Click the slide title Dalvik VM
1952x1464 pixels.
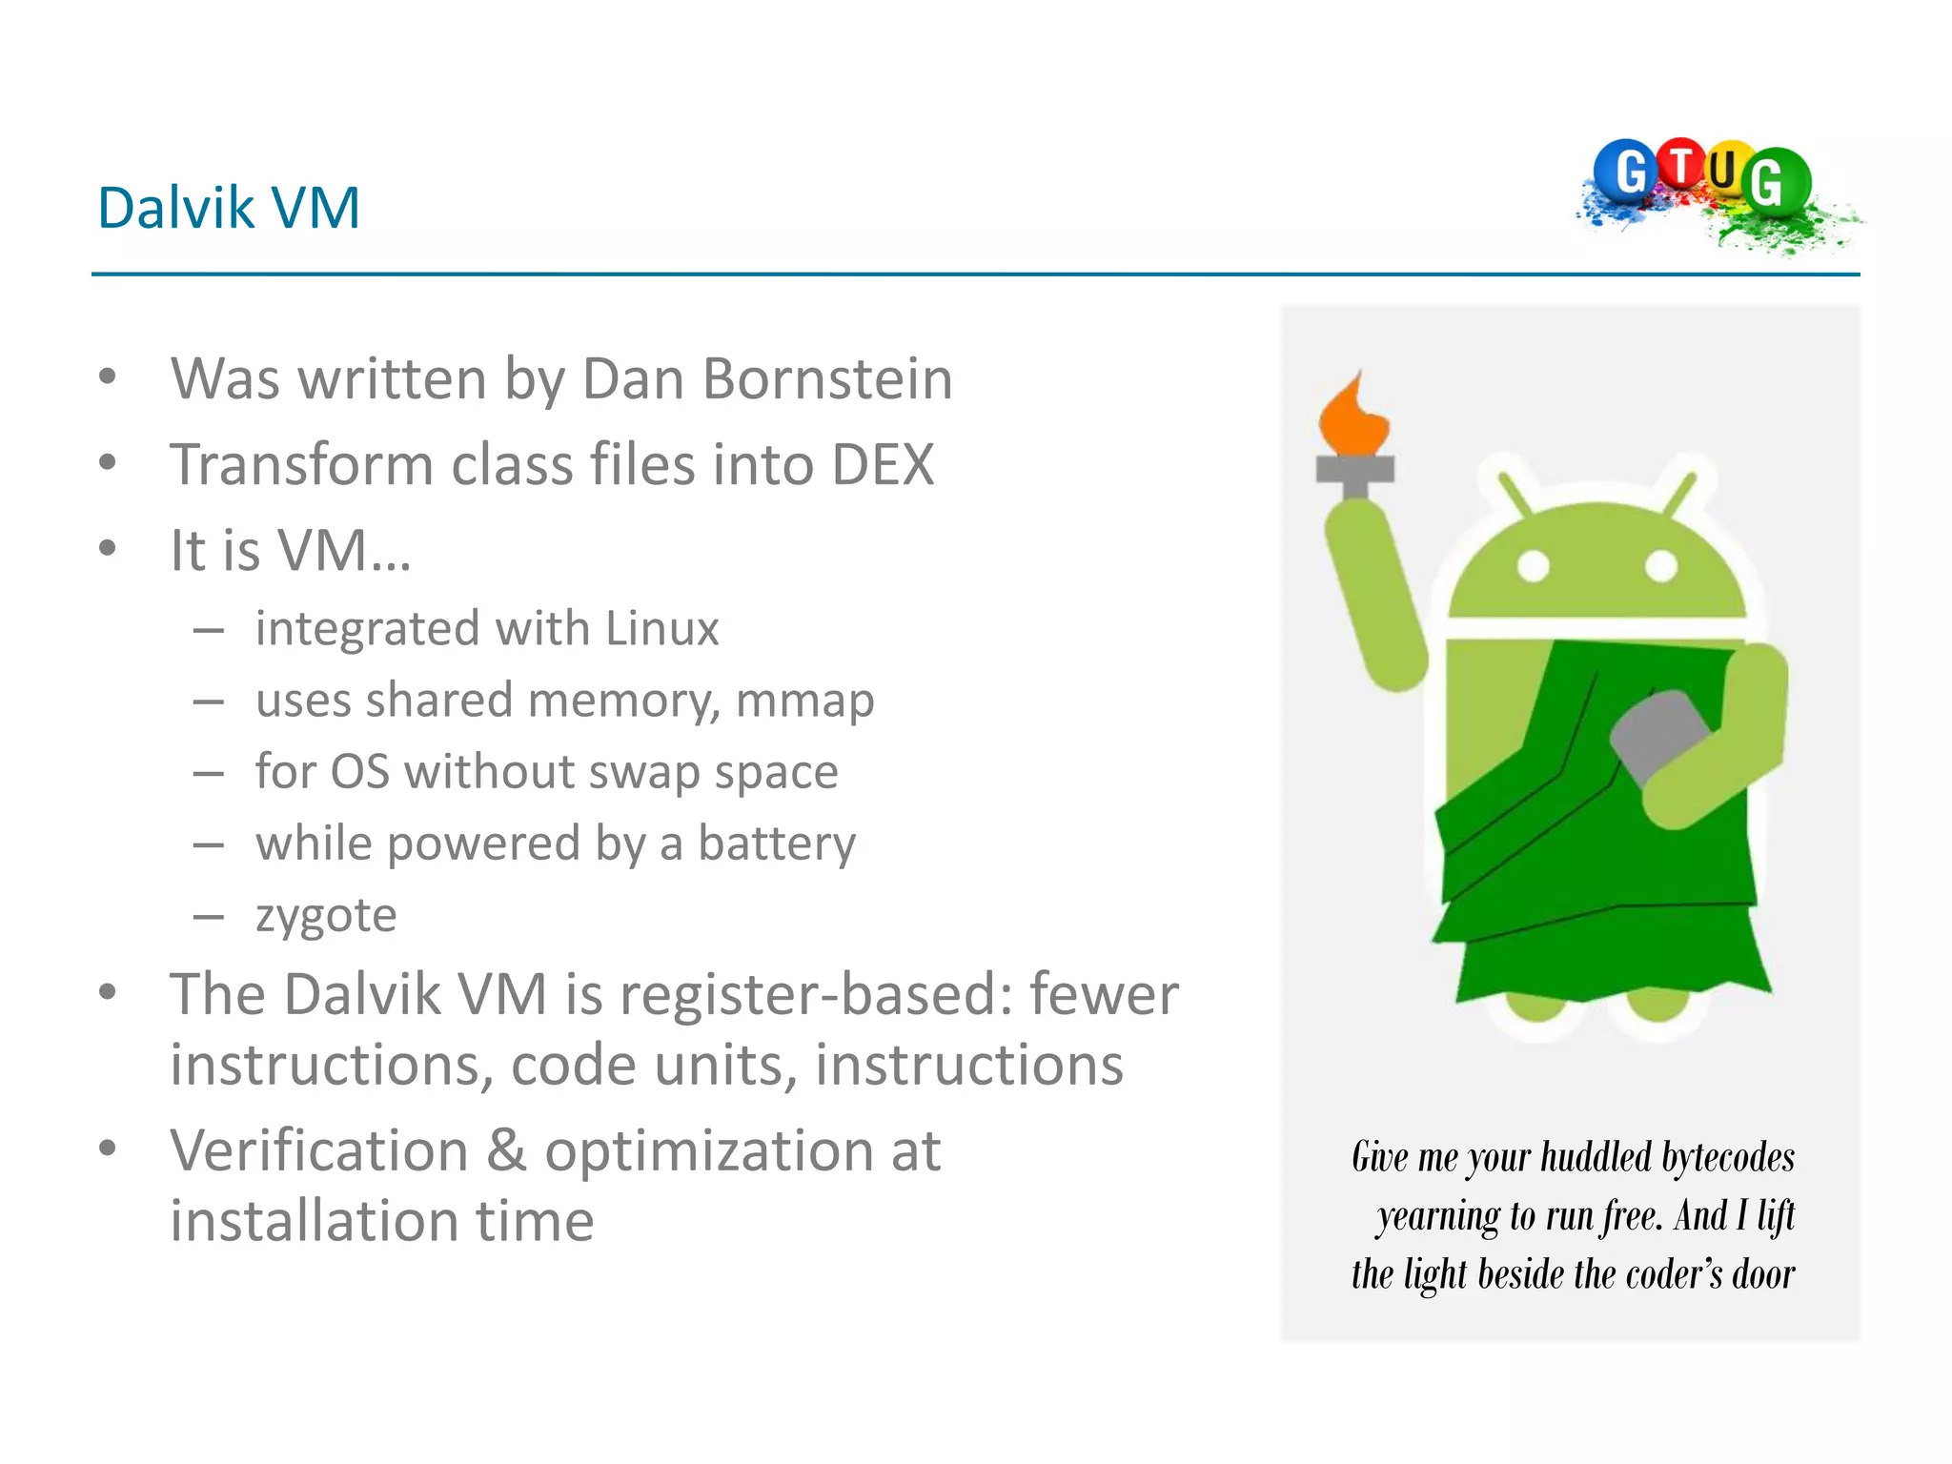pos(229,208)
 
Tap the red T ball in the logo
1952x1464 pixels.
pos(1681,164)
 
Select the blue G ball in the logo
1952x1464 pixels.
pos(1629,172)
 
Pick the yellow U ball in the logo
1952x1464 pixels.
pos(1723,170)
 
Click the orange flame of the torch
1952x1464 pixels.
pos(1352,419)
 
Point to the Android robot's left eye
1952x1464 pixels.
pos(1534,566)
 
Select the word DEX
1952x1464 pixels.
pos(883,465)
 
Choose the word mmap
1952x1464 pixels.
pos(804,701)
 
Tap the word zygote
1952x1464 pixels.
pos(326,916)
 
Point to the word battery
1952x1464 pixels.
pos(777,844)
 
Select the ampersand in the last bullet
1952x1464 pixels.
pos(506,1151)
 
